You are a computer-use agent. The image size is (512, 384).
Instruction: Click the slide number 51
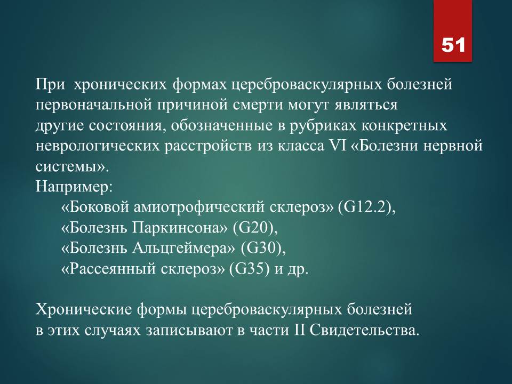(453, 45)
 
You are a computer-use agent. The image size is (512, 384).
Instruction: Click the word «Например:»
(74, 187)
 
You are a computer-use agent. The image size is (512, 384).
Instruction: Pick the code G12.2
(365, 207)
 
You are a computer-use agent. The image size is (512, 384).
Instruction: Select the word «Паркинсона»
(175, 228)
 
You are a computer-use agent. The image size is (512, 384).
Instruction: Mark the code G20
(253, 228)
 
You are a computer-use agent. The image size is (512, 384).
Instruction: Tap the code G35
(250, 269)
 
